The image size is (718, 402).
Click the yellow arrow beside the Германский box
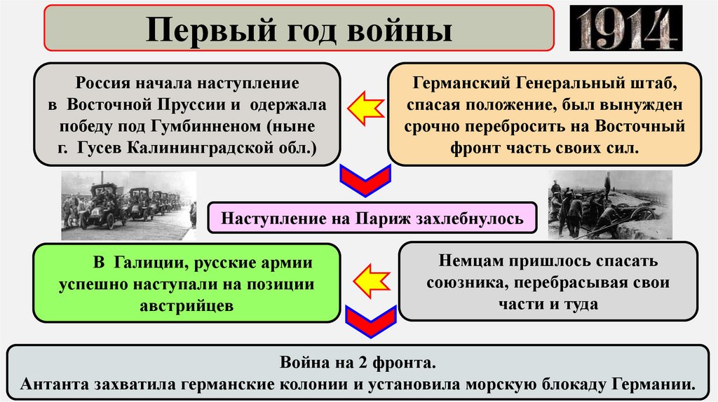pyautogui.click(x=366, y=109)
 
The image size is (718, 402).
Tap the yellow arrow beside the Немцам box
pyautogui.click(x=370, y=281)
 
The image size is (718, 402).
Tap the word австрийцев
pyautogui.click(x=185, y=306)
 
